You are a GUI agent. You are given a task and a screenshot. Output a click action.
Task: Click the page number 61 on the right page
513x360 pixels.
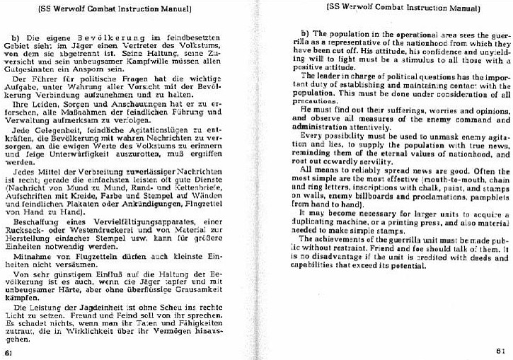point(499,349)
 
